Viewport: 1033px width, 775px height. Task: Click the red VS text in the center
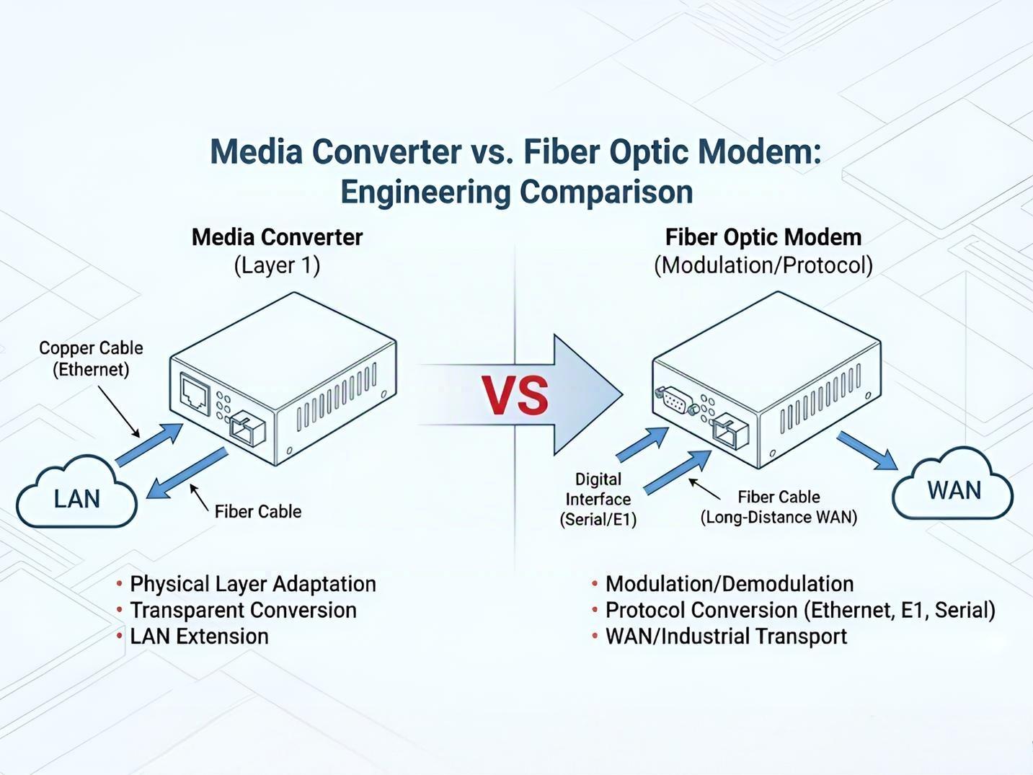click(515, 395)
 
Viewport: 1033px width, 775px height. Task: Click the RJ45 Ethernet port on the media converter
click(195, 393)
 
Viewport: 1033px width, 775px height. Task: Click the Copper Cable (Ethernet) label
click(91, 358)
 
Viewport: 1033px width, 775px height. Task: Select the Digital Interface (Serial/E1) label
click(598, 499)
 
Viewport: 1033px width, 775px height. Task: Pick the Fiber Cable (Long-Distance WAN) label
click(779, 507)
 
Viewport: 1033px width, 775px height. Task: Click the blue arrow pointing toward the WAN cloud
click(867, 451)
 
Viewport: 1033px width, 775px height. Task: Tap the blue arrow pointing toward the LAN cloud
click(187, 474)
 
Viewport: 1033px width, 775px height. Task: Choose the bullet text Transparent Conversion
click(243, 610)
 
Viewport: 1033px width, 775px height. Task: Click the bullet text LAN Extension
click(199, 636)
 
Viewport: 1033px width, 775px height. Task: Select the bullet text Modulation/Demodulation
click(729, 583)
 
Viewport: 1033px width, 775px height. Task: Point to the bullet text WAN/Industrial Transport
click(726, 636)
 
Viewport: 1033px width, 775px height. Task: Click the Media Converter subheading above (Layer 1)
click(277, 237)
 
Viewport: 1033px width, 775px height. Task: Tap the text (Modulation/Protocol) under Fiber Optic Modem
click(763, 265)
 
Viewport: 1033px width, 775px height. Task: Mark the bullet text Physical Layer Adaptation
click(252, 583)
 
